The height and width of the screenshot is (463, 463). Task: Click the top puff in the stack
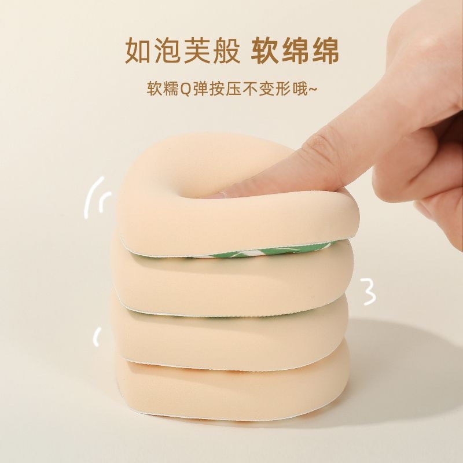click(168, 191)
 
